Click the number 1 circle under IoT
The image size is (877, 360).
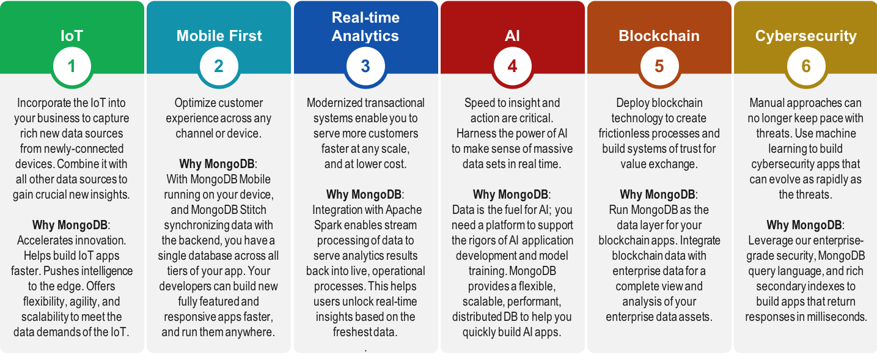[72, 66]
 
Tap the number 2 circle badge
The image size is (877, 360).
[218, 66]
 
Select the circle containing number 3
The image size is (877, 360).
[365, 66]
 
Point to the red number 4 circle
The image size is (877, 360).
[512, 66]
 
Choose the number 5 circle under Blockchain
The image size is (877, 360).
[659, 66]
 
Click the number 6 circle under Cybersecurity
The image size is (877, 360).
[805, 66]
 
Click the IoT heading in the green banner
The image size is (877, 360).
[72, 35]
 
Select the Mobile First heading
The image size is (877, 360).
[219, 35]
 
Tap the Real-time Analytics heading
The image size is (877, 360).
[365, 26]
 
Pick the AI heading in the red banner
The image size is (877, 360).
[512, 35]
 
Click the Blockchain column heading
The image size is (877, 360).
[659, 35]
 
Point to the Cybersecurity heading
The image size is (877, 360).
[805, 36]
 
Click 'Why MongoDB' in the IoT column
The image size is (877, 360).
[70, 225]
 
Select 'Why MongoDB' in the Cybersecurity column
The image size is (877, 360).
[804, 225]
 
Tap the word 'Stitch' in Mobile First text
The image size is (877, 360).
[253, 210]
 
